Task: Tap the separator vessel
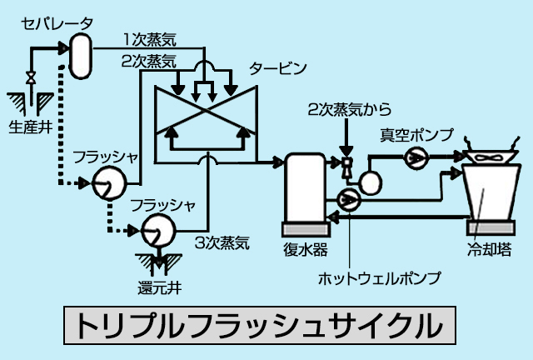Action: [x=80, y=55]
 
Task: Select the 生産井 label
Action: [x=31, y=127]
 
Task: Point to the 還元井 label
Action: [x=158, y=289]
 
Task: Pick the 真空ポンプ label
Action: [x=417, y=133]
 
